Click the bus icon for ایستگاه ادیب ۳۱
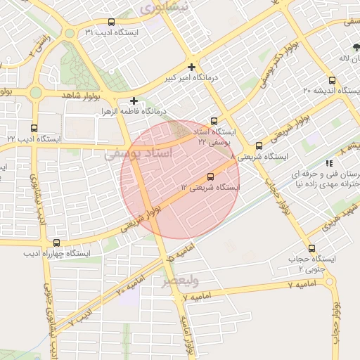[x=111, y=22]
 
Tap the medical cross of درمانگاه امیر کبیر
[x=191, y=67]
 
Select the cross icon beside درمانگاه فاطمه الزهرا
[x=134, y=101]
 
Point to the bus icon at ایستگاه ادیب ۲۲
[x=35, y=127]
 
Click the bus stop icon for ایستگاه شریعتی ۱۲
[x=210, y=176]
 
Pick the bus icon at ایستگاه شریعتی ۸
[x=259, y=146]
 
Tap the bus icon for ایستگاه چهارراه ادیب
[x=56, y=243]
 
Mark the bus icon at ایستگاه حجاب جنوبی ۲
[x=311, y=247]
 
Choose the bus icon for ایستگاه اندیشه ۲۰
[x=332, y=80]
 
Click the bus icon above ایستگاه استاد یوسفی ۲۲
[x=214, y=121]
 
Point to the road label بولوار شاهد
[x=91, y=94]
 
